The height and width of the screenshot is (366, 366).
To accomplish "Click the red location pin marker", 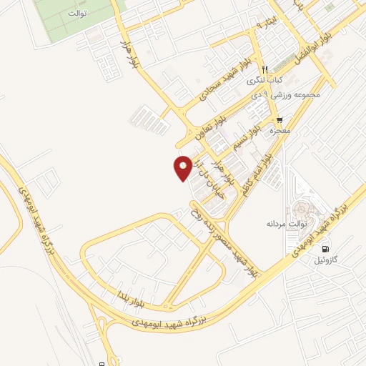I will [x=183, y=167].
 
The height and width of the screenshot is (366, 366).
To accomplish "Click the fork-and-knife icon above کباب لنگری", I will [x=265, y=69].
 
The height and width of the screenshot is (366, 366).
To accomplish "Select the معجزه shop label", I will [x=279, y=132].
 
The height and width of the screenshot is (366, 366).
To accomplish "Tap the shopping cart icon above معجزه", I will [x=280, y=120].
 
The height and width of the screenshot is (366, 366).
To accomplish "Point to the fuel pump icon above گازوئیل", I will [x=327, y=249].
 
